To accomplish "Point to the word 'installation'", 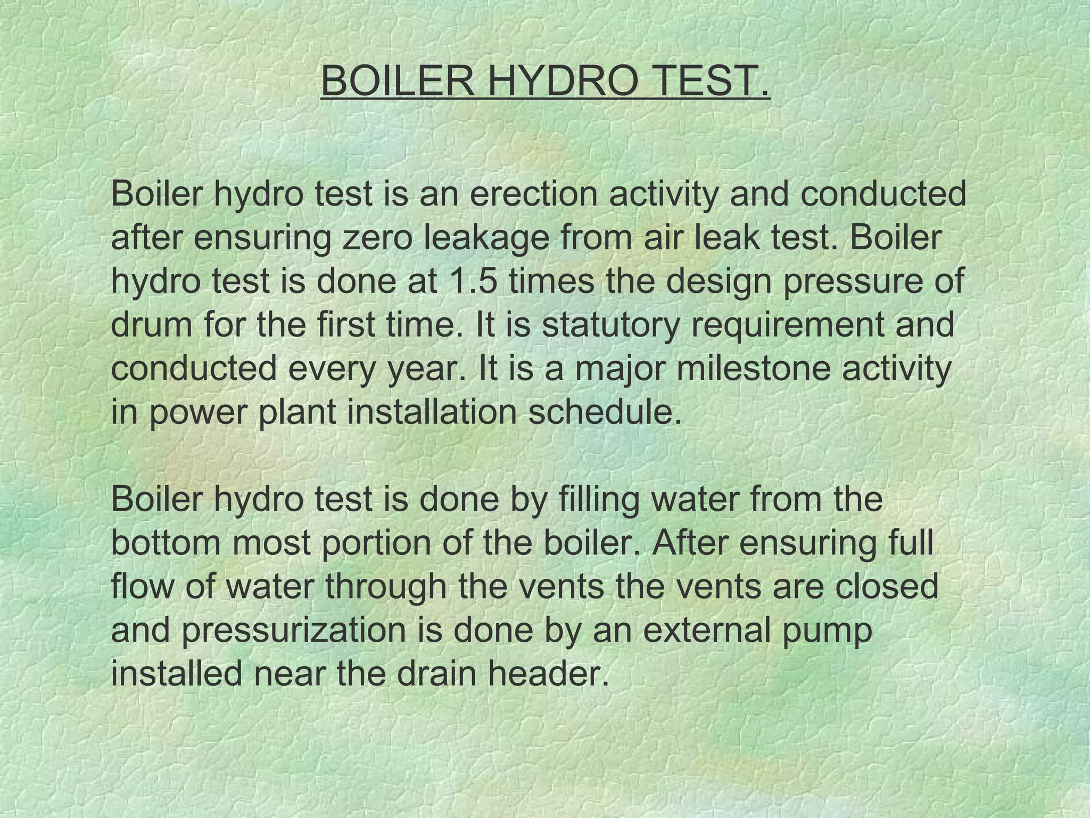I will point(432,412).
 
